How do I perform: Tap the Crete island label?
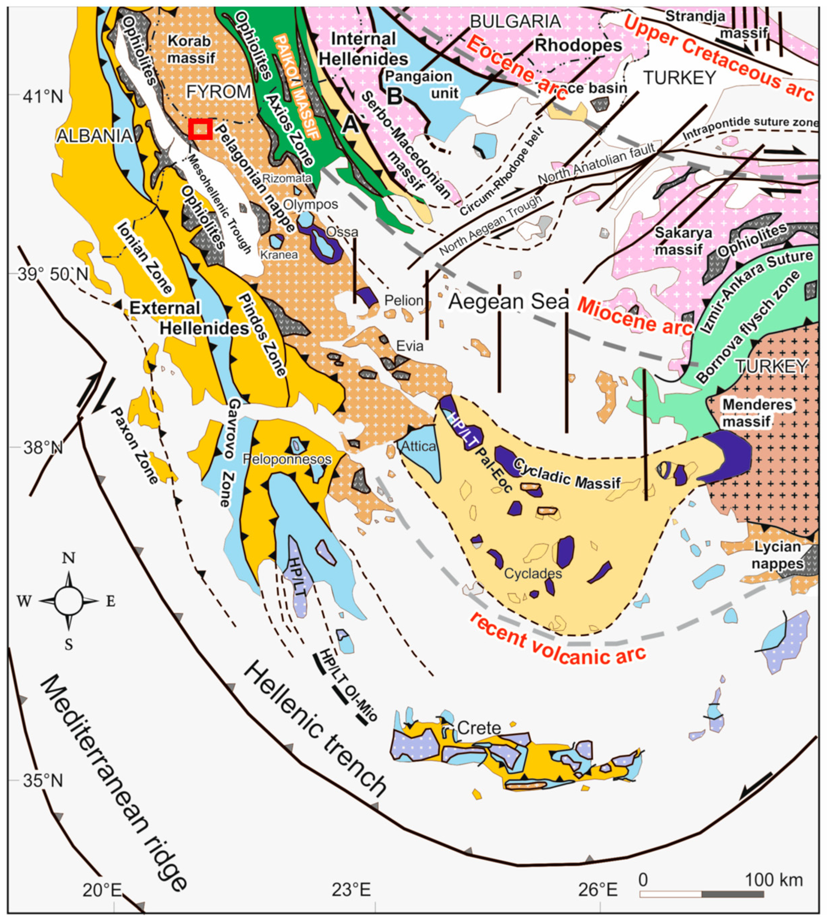pos(479,728)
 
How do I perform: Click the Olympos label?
pos(311,205)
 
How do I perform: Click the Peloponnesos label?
pos(287,459)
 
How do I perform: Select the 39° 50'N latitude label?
pos(53,274)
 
